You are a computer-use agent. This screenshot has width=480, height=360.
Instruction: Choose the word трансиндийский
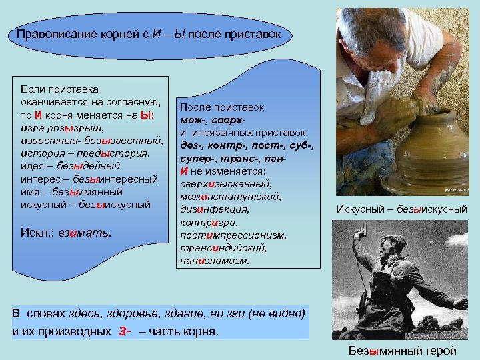(x=215, y=248)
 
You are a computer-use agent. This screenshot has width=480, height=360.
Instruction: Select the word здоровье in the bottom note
(x=137, y=314)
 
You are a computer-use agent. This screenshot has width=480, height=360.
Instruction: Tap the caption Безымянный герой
(x=403, y=351)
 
